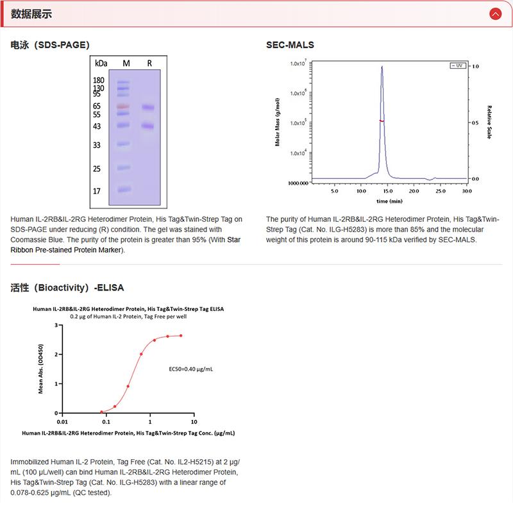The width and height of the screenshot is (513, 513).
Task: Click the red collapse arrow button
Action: (494, 13)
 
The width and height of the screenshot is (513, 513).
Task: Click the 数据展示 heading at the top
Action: (32, 13)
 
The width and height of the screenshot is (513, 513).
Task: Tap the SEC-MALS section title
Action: (290, 45)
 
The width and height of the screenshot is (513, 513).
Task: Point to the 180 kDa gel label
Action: (99, 80)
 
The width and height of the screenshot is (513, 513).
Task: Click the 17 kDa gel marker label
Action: (97, 191)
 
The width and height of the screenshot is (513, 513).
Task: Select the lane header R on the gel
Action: (149, 63)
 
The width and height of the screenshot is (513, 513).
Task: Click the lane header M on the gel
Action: (126, 63)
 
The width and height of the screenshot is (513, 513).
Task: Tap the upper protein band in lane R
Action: (149, 107)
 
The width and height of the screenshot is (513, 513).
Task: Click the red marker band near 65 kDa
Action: (123, 106)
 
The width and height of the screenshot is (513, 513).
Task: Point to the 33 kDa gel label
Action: (97, 146)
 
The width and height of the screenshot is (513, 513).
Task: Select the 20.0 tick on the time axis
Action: (414, 191)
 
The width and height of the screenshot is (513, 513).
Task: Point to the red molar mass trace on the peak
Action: (382, 121)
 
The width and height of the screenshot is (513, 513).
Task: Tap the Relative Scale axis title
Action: (489, 122)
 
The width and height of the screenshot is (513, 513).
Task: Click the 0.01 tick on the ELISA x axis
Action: (62, 422)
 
